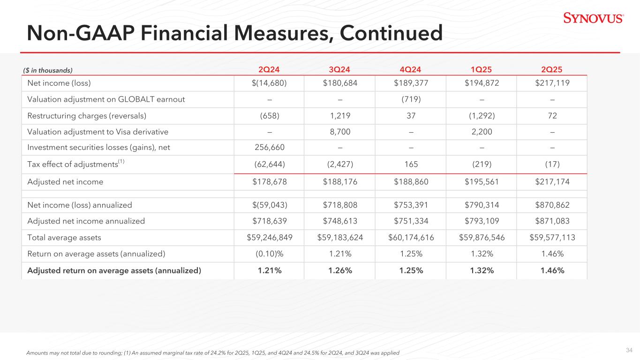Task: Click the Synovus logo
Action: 593,18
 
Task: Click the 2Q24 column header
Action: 269,70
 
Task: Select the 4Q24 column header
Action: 411,70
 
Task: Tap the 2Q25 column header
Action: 552,70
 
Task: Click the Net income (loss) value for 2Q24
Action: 269,83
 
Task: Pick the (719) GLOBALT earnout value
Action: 411,99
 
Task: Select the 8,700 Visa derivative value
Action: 339,132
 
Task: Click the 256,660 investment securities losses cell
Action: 269,148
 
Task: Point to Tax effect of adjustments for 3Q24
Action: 339,165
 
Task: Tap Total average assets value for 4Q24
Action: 411,238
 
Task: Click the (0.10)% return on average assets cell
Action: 269,254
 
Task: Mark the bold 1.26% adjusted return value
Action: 339,270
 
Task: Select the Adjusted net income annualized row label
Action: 86,221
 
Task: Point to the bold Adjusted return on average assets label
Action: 114,270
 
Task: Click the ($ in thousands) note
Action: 48,70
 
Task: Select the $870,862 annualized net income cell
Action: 552,205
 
